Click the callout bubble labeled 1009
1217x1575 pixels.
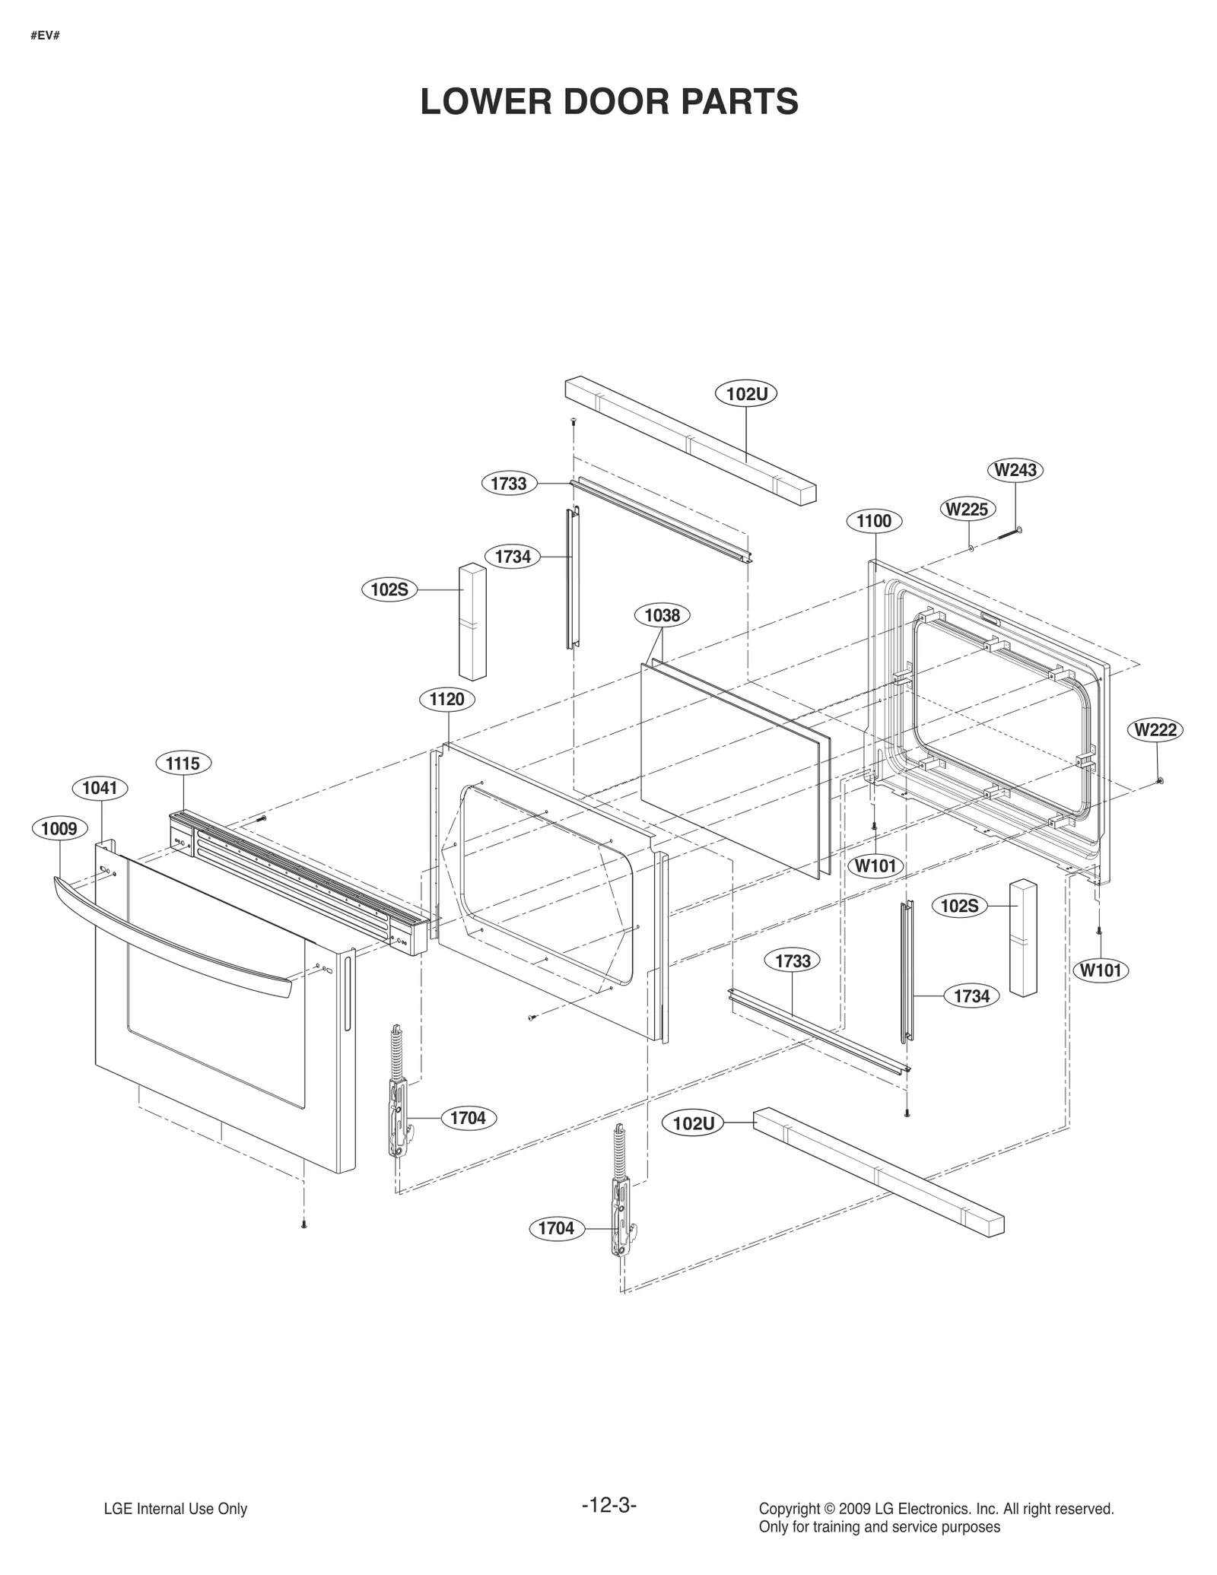pyautogui.click(x=59, y=828)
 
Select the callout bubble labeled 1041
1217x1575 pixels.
pyautogui.click(x=100, y=788)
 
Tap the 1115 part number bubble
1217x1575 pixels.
pyautogui.click(x=183, y=763)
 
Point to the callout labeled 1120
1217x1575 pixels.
pyautogui.click(x=446, y=700)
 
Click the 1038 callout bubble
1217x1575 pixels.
pyautogui.click(x=662, y=615)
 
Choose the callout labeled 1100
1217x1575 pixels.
pyautogui.click(x=874, y=521)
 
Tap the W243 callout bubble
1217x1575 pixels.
pyautogui.click(x=1015, y=470)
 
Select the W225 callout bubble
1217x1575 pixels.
pyautogui.click(x=967, y=509)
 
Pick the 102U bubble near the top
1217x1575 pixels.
pyautogui.click(x=746, y=394)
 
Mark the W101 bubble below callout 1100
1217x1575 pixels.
pyautogui.click(x=875, y=865)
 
